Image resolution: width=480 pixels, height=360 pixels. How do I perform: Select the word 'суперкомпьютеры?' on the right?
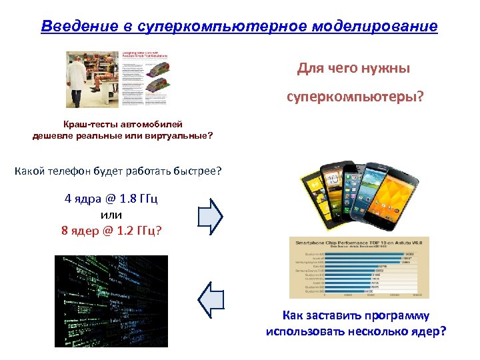pyautogui.click(x=355, y=97)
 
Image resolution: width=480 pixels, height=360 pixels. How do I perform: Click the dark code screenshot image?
pyautogui.click(x=111, y=301)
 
